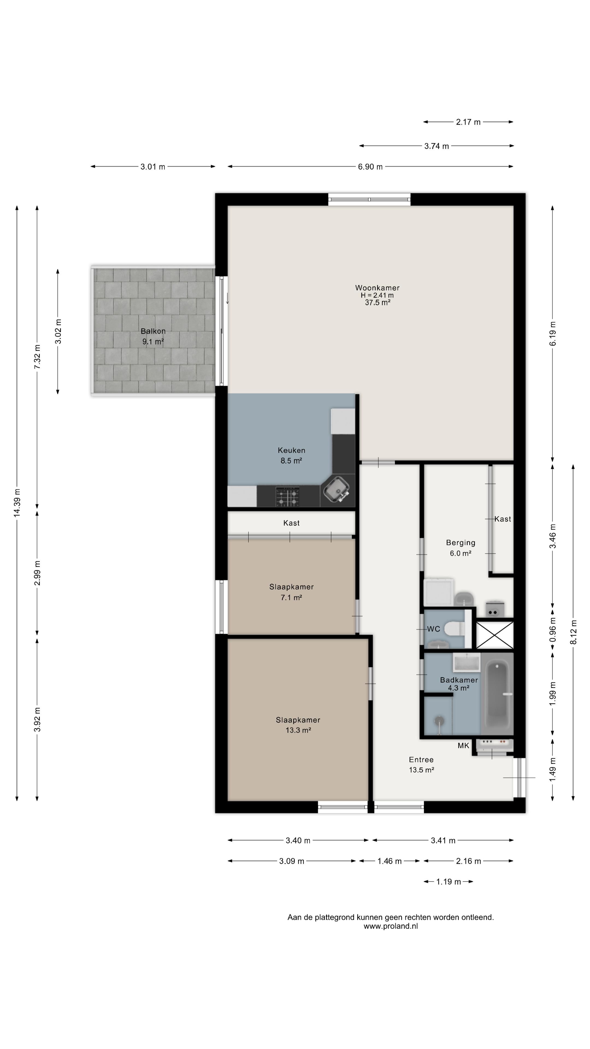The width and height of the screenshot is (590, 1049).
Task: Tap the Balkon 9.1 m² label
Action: (153, 336)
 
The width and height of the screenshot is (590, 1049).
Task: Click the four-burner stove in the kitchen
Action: (287, 496)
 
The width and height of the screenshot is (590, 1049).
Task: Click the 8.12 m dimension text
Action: (573, 632)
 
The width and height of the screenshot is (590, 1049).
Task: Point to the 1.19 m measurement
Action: (448, 882)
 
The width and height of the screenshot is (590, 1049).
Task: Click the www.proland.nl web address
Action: (391, 926)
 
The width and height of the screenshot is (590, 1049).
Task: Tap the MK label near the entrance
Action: (463, 746)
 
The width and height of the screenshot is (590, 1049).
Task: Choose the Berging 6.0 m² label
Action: (461, 548)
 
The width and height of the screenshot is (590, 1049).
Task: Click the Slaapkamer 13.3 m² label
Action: (298, 725)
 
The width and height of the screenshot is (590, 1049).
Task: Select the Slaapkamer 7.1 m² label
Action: (291, 592)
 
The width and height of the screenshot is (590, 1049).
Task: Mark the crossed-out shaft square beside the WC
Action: (495, 634)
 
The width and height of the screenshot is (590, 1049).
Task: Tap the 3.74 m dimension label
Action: (436, 146)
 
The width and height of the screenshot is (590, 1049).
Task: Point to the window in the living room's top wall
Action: (369, 199)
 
